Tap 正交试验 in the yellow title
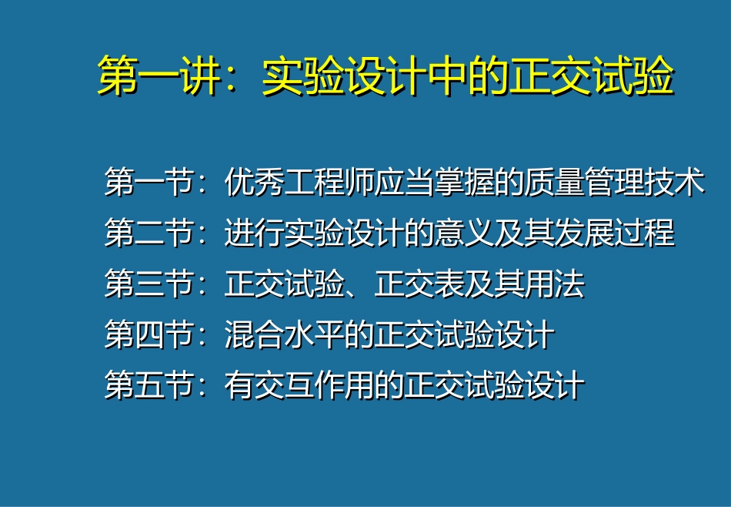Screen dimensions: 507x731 pyautogui.click(x=591, y=77)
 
